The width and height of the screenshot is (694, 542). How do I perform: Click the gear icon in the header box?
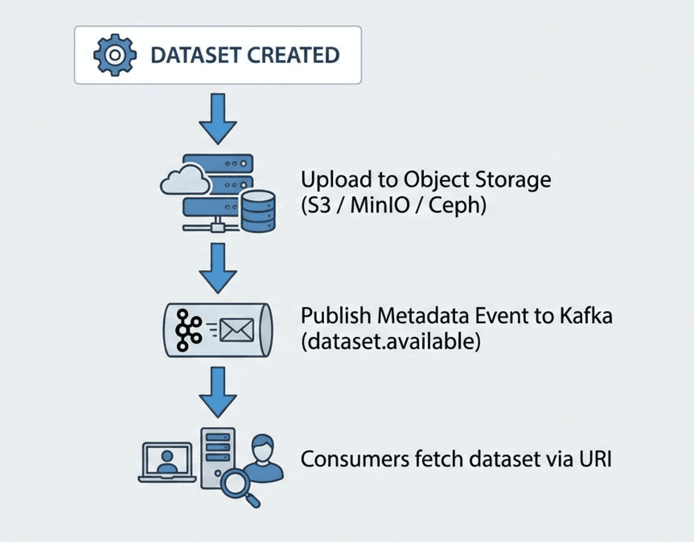click(x=115, y=55)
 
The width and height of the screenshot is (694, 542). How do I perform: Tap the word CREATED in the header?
click(x=293, y=55)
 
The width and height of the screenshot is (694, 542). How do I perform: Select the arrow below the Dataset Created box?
click(x=218, y=119)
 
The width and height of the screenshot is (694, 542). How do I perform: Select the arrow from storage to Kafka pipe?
click(x=218, y=268)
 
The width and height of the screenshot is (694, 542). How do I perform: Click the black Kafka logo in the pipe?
click(x=188, y=330)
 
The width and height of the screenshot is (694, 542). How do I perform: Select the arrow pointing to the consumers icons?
click(x=218, y=392)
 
